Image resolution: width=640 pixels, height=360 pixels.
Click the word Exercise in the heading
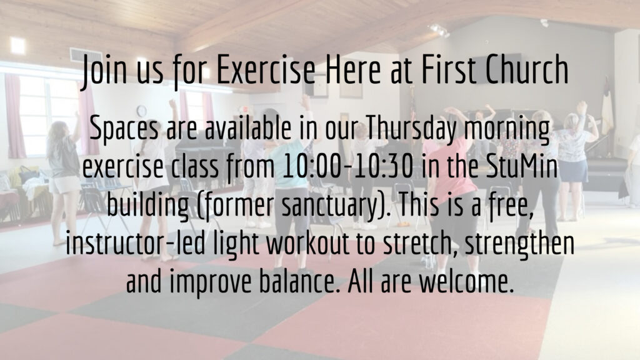click(266, 69)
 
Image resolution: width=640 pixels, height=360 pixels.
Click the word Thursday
click(411, 128)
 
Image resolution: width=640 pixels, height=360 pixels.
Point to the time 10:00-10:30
click(347, 166)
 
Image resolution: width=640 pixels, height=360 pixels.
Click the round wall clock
click(141, 111)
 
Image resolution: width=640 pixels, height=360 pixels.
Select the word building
click(147, 206)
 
